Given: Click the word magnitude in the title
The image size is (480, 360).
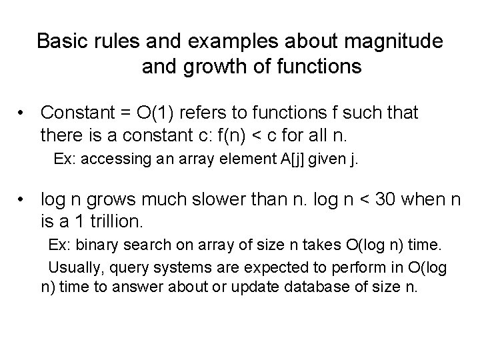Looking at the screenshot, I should (386, 41).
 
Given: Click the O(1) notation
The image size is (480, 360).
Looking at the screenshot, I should (155, 113).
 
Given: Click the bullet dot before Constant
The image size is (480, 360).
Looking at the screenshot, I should (23, 113).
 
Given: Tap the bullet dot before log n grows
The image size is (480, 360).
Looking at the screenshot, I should (23, 199).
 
